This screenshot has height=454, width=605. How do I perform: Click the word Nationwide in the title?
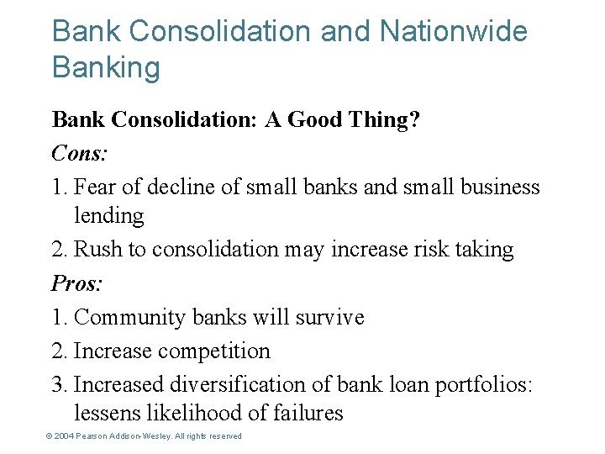click(x=454, y=32)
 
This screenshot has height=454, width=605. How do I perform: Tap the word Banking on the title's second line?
click(x=106, y=67)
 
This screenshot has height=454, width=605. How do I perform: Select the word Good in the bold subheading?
click(x=318, y=120)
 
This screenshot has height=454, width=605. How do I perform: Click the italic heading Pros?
click(x=76, y=283)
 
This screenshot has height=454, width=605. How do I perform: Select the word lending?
click(x=109, y=216)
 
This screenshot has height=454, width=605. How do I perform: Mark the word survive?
click(x=329, y=317)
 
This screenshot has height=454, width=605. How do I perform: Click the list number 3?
click(x=58, y=384)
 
